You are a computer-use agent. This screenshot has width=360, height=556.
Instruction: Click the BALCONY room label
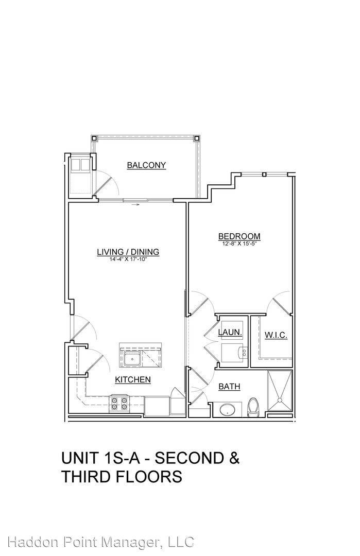click(x=146, y=165)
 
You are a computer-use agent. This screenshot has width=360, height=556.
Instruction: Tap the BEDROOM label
click(x=239, y=236)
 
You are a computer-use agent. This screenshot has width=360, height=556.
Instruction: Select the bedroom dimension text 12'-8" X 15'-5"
click(x=239, y=244)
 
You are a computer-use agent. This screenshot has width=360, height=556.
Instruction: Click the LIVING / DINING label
click(x=128, y=252)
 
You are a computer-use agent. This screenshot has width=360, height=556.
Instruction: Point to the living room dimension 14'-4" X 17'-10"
click(x=128, y=259)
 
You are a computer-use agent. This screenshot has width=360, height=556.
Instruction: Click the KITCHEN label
click(x=133, y=380)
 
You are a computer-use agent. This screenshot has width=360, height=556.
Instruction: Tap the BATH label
click(x=230, y=387)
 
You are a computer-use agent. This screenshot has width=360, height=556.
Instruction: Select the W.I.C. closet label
click(x=276, y=335)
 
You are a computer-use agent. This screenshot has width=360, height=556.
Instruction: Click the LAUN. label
click(x=230, y=333)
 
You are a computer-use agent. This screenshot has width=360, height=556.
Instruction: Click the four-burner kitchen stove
click(x=119, y=404)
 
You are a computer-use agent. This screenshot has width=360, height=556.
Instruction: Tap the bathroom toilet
click(x=253, y=407)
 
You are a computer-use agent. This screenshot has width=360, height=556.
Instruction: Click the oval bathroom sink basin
click(x=227, y=410)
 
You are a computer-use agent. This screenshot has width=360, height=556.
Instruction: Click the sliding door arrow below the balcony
click(x=136, y=204)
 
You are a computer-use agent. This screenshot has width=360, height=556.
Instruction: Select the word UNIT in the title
click(x=79, y=458)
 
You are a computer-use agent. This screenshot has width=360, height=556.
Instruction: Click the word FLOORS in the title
click(x=149, y=477)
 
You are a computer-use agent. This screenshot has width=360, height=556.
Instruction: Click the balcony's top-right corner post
click(x=197, y=137)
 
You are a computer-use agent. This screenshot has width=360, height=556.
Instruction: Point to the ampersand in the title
click(x=233, y=458)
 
